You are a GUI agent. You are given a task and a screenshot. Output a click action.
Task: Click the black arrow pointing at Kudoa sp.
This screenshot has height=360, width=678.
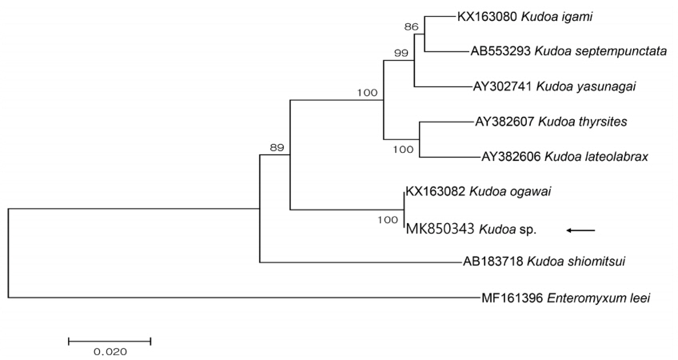pos(580,230)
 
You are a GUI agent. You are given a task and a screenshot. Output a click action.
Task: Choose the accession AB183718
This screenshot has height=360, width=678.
pos(497,261)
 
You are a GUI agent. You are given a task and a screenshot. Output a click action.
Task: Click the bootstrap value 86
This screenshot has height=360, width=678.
pos(412,27)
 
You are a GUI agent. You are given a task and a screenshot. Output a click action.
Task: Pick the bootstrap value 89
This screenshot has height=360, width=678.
pos(277,146)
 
